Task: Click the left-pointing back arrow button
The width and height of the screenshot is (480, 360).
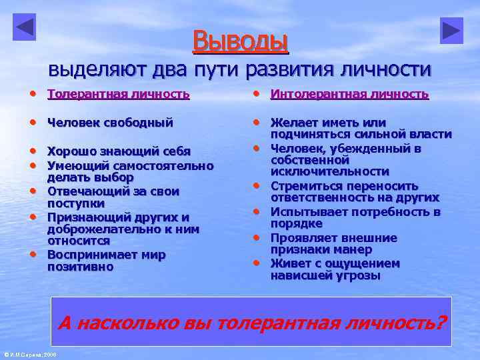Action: [24, 27]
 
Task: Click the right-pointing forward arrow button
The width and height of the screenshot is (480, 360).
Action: [451, 31]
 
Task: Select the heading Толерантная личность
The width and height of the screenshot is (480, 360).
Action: [119, 94]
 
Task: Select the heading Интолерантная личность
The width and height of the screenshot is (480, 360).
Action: [349, 94]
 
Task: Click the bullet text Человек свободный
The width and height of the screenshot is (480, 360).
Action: [110, 123]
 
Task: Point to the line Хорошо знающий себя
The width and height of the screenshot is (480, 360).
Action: [119, 151]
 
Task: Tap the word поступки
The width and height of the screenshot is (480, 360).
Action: [75, 203]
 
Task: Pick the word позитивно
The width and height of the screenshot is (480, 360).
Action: [80, 267]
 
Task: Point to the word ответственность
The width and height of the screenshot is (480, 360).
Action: [329, 198]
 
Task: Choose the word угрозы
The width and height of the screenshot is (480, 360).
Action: [359, 275]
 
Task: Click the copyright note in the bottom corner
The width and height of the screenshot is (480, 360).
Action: [31, 354]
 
